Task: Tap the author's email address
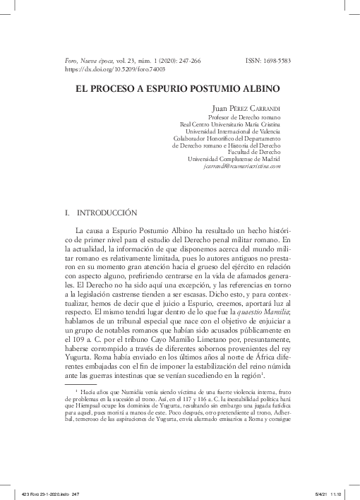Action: coord(242,167)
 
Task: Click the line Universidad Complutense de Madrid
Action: coord(235,159)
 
